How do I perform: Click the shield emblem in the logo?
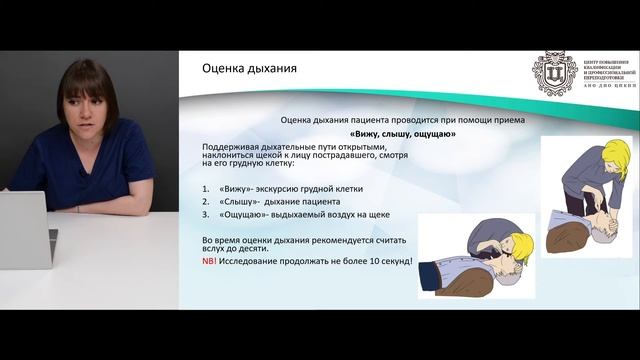(x=551, y=75)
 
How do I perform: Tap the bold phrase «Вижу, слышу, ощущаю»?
(x=402, y=133)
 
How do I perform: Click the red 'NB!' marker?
(x=208, y=260)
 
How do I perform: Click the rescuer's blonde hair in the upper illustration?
(x=615, y=153)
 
